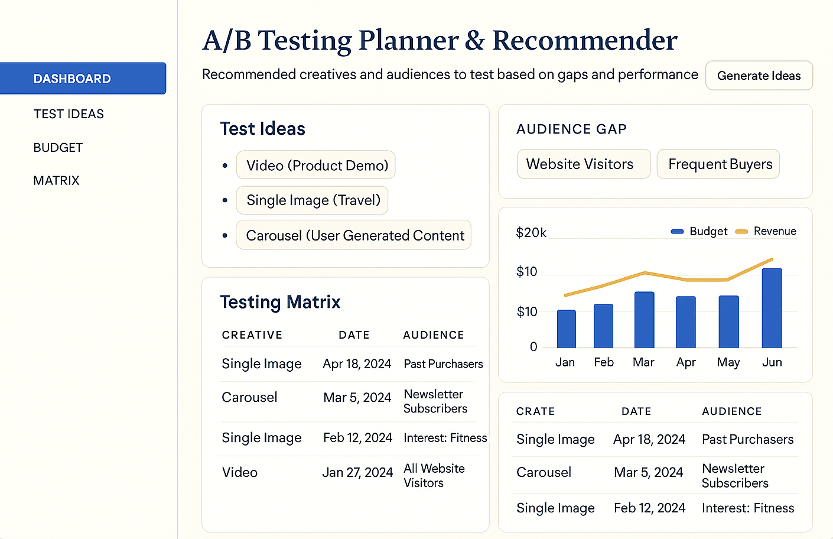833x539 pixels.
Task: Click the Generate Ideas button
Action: (759, 76)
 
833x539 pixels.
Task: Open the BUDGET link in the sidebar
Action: (58, 148)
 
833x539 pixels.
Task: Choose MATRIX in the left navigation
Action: (56, 181)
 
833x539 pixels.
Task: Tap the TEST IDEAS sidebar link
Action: (69, 114)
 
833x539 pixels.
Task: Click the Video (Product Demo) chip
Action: (316, 165)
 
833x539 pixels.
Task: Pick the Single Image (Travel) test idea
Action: (313, 200)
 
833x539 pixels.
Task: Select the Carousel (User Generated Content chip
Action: (354, 235)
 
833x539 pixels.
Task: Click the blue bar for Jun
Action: (772, 308)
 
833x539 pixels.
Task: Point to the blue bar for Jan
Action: (566, 329)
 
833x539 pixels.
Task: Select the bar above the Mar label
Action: (644, 320)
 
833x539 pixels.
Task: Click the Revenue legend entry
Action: (766, 231)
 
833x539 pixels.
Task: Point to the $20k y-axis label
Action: (531, 233)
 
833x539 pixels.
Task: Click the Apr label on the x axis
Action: (686, 362)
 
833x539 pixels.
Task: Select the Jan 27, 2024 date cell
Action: (357, 473)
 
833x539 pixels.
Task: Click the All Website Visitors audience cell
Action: (434, 476)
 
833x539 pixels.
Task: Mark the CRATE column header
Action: (535, 411)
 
